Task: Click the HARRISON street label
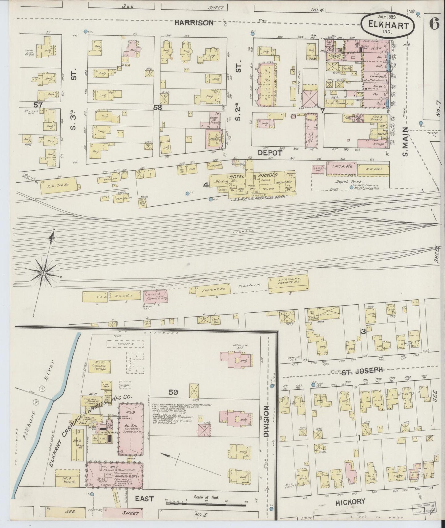click(x=194, y=23)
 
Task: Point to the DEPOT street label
click(x=270, y=153)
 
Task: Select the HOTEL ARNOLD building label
click(x=253, y=175)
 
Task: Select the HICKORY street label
click(x=350, y=510)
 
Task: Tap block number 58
click(x=158, y=108)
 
